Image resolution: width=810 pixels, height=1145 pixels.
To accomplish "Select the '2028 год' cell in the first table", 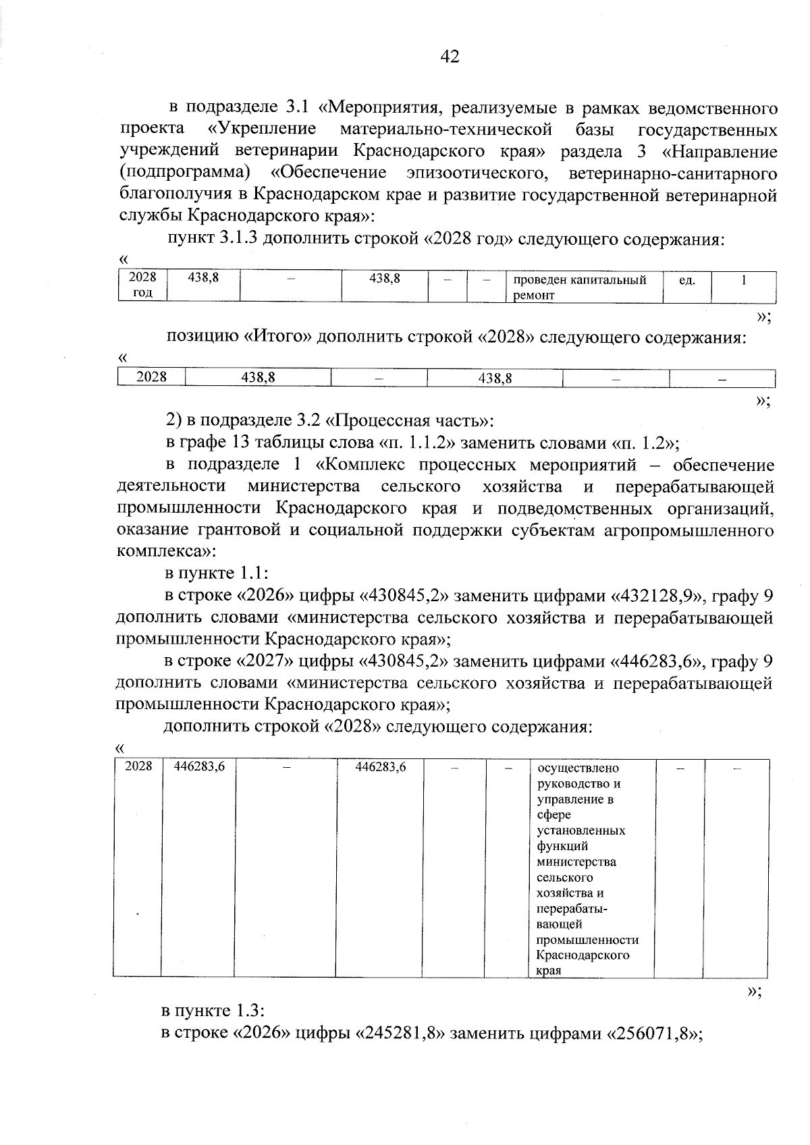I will [142, 285].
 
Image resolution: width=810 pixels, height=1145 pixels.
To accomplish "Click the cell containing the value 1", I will [742, 279].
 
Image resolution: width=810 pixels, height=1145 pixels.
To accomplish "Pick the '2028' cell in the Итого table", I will [151, 377].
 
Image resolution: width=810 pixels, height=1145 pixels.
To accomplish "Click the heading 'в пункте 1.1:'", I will [217, 574].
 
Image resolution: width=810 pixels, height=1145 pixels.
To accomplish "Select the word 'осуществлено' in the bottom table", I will [578, 769].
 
